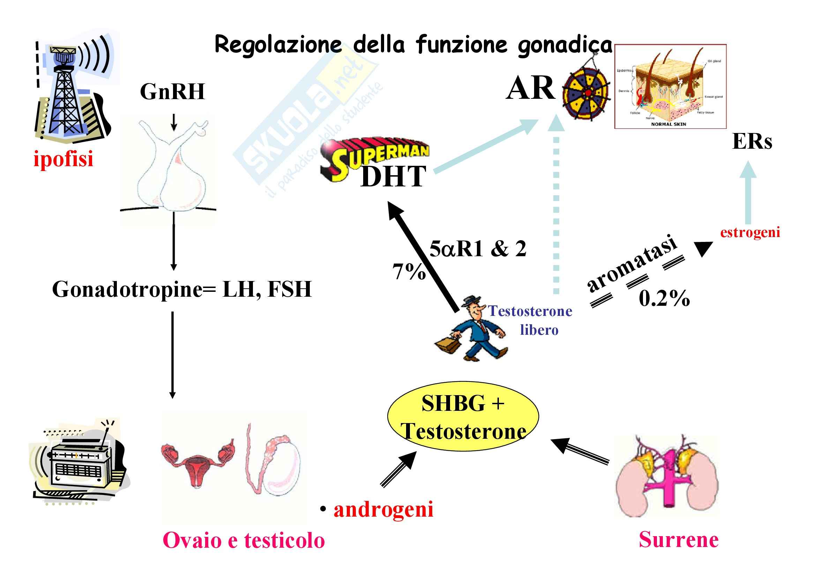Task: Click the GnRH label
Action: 172,92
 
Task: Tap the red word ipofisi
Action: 63,158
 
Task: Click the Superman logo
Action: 373,156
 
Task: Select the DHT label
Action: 393,176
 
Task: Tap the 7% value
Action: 409,272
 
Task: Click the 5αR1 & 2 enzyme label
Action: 478,249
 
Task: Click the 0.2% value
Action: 664,298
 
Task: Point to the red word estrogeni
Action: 750,232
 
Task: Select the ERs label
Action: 752,141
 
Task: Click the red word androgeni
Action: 383,509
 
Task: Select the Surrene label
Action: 679,540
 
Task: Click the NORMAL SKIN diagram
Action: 670,86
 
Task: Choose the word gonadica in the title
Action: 565,45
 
